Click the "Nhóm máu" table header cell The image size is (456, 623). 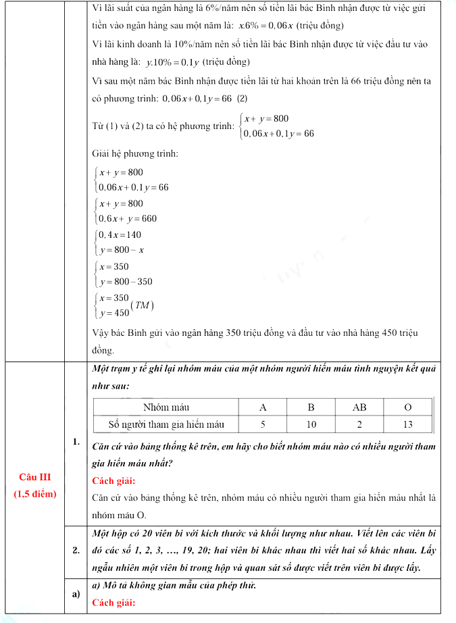pyautogui.click(x=166, y=407)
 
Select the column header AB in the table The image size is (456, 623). pyautogui.click(x=359, y=407)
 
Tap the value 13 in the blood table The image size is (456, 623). pyautogui.click(x=407, y=424)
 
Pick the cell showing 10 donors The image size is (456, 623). pyautogui.click(x=311, y=424)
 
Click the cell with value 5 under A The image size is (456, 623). pyautogui.click(x=263, y=424)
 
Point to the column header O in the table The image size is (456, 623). pyautogui.click(x=407, y=407)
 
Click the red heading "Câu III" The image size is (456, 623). pyautogui.click(x=35, y=478)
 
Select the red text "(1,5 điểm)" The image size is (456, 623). pyautogui.click(x=35, y=493)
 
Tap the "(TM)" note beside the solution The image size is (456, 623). pyautogui.click(x=144, y=305)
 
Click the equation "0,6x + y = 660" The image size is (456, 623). pyautogui.click(x=128, y=218)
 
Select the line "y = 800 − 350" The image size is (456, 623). pyautogui.click(x=126, y=282)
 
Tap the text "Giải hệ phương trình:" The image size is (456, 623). pyautogui.click(x=135, y=154)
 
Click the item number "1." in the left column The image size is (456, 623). pyautogui.click(x=77, y=442)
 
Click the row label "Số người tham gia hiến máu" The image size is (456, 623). pyautogui.click(x=166, y=424)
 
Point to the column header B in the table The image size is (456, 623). pyautogui.click(x=311, y=407)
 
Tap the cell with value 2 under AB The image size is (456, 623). pyautogui.click(x=359, y=424)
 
